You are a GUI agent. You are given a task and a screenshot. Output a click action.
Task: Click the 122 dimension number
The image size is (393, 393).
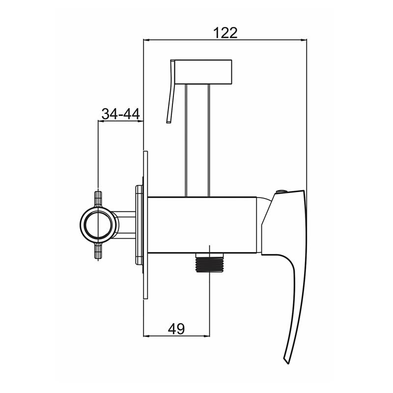click(x=225, y=33)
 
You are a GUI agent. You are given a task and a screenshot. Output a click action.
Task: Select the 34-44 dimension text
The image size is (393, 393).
click(x=120, y=114)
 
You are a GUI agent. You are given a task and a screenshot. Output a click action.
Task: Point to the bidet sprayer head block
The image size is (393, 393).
click(x=204, y=72)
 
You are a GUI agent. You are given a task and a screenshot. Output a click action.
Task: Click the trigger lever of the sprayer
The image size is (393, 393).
click(x=171, y=93)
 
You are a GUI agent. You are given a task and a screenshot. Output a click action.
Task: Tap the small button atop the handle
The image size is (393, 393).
click(x=281, y=191)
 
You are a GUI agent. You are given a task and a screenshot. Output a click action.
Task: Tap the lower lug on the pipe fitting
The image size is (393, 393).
click(x=98, y=255)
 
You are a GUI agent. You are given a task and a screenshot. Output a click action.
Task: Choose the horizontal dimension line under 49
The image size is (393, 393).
click(x=176, y=337)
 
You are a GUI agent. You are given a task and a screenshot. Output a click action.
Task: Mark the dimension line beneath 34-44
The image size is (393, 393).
click(x=120, y=121)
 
